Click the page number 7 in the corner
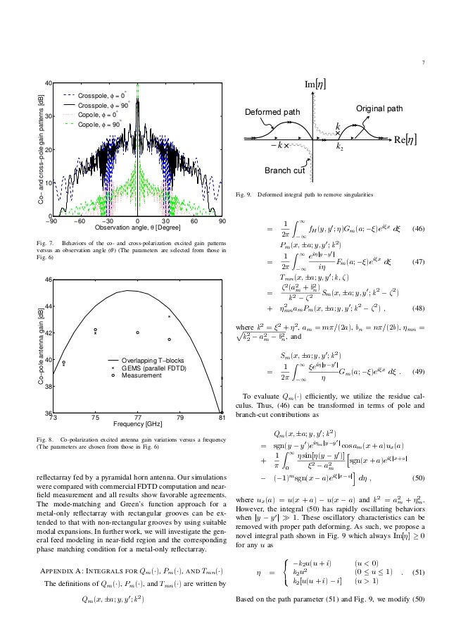pos(433,60)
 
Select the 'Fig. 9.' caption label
pos(247,194)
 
